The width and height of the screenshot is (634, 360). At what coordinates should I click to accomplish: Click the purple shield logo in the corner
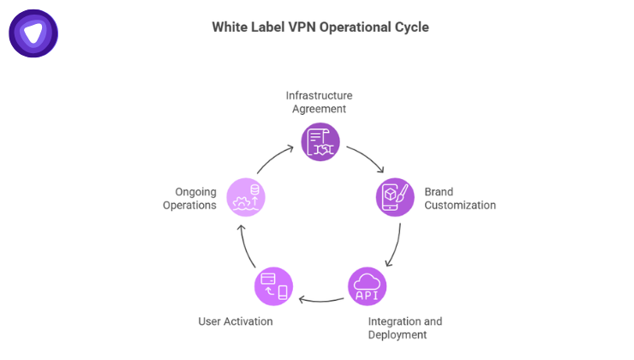(x=33, y=33)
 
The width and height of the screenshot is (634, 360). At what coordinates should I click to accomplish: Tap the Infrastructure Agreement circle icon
(x=320, y=142)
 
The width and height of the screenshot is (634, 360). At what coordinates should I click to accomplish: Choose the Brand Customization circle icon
(x=395, y=197)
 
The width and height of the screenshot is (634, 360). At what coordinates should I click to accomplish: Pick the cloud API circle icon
(x=367, y=286)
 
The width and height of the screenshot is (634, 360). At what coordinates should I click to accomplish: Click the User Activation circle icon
(x=273, y=286)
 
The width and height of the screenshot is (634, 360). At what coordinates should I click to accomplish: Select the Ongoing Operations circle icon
(x=245, y=197)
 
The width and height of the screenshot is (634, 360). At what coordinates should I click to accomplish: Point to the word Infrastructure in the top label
(x=319, y=95)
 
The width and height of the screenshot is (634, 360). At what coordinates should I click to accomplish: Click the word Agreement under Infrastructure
(x=319, y=109)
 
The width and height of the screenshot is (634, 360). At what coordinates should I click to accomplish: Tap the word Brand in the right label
(x=440, y=191)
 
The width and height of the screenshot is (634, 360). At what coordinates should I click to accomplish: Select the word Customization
(x=460, y=205)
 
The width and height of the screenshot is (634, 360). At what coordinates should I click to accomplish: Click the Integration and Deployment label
(x=405, y=327)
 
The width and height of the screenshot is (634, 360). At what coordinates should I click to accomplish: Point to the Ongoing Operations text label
(x=189, y=198)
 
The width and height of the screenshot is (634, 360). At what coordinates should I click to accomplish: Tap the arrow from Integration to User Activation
(x=320, y=300)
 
